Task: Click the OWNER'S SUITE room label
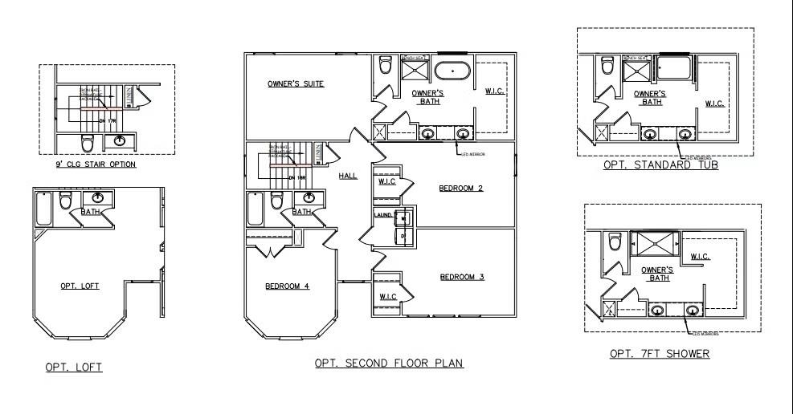pyautogui.click(x=296, y=83)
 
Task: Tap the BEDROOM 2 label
pyautogui.click(x=460, y=189)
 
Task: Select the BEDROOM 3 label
pyautogui.click(x=462, y=278)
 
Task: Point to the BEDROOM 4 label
pyautogui.click(x=287, y=286)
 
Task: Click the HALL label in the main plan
pyautogui.click(x=347, y=176)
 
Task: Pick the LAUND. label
pyautogui.click(x=382, y=215)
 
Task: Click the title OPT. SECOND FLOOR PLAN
pyautogui.click(x=389, y=363)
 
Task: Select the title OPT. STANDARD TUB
pyautogui.click(x=660, y=165)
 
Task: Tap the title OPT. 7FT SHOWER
pyautogui.click(x=660, y=354)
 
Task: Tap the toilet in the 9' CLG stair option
pyautogui.click(x=88, y=144)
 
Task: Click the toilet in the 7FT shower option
pyautogui.click(x=615, y=241)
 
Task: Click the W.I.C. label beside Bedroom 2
pyautogui.click(x=386, y=181)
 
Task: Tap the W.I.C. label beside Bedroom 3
pyautogui.click(x=389, y=298)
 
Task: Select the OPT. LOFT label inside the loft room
pyautogui.click(x=80, y=286)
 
